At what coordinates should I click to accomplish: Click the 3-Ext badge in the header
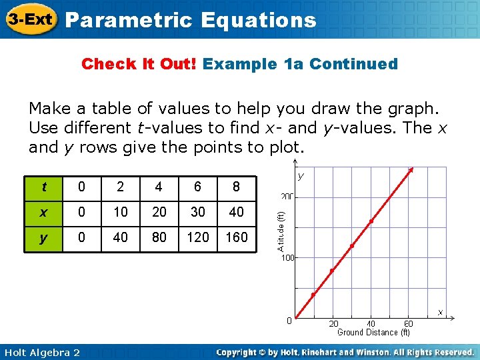pyautogui.click(x=31, y=20)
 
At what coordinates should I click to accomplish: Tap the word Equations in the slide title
pyautogui.click(x=259, y=21)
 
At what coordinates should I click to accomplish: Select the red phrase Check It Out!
pyautogui.click(x=139, y=64)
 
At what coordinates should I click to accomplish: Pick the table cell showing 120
pyautogui.click(x=197, y=237)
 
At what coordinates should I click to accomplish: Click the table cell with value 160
pyautogui.click(x=236, y=237)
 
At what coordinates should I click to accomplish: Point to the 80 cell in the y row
pyautogui.click(x=159, y=237)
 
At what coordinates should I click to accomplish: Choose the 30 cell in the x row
pyautogui.click(x=197, y=212)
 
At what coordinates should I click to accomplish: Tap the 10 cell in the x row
pyautogui.click(x=120, y=212)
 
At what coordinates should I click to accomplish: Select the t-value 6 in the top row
pyautogui.click(x=197, y=187)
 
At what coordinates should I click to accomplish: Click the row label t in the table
pyautogui.click(x=43, y=187)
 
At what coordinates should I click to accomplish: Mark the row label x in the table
pyautogui.click(x=43, y=212)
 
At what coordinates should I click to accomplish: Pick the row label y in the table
pyautogui.click(x=43, y=237)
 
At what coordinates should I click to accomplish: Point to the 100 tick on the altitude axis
pyautogui.click(x=287, y=257)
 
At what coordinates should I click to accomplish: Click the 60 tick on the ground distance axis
pyautogui.click(x=408, y=323)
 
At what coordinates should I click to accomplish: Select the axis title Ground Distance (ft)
pyautogui.click(x=373, y=332)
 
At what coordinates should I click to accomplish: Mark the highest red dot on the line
pyautogui.click(x=411, y=170)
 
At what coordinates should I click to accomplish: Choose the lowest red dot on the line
pyautogui.click(x=313, y=295)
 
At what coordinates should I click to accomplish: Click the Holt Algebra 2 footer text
pyautogui.click(x=41, y=352)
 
